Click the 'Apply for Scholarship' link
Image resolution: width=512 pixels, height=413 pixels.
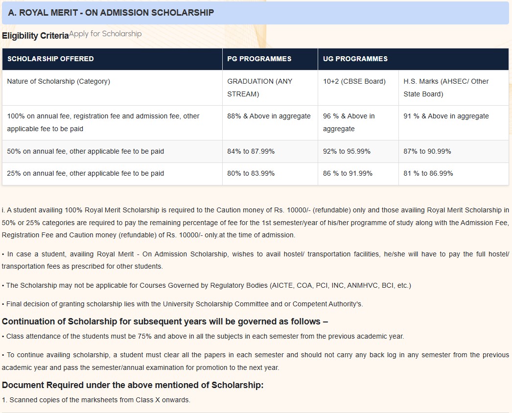click(105, 34)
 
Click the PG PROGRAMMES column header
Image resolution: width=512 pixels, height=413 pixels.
click(259, 59)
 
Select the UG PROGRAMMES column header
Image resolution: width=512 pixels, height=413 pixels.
click(355, 59)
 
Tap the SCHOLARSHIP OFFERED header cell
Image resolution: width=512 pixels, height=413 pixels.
click(50, 59)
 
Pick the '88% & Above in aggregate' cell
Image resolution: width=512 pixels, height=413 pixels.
click(269, 116)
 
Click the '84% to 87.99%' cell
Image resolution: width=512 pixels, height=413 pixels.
click(251, 151)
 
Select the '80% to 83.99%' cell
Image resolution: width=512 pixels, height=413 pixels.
click(251, 173)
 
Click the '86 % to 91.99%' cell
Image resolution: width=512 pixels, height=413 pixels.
click(348, 173)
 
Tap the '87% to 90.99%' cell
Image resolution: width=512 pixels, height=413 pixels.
click(427, 151)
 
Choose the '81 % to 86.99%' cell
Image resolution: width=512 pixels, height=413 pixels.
click(428, 173)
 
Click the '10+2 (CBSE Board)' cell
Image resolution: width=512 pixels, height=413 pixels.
click(354, 81)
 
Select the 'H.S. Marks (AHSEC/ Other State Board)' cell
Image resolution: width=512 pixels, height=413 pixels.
click(446, 88)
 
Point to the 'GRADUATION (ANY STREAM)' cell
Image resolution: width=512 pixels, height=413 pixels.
click(259, 88)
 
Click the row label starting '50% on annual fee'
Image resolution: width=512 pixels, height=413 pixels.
click(86, 151)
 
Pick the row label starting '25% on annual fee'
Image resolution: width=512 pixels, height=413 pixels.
click(86, 173)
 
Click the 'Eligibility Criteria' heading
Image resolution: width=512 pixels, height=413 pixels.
click(35, 36)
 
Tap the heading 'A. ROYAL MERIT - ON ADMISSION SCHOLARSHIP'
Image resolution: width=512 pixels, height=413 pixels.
click(111, 13)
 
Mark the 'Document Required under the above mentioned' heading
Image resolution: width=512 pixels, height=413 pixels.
click(133, 385)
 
